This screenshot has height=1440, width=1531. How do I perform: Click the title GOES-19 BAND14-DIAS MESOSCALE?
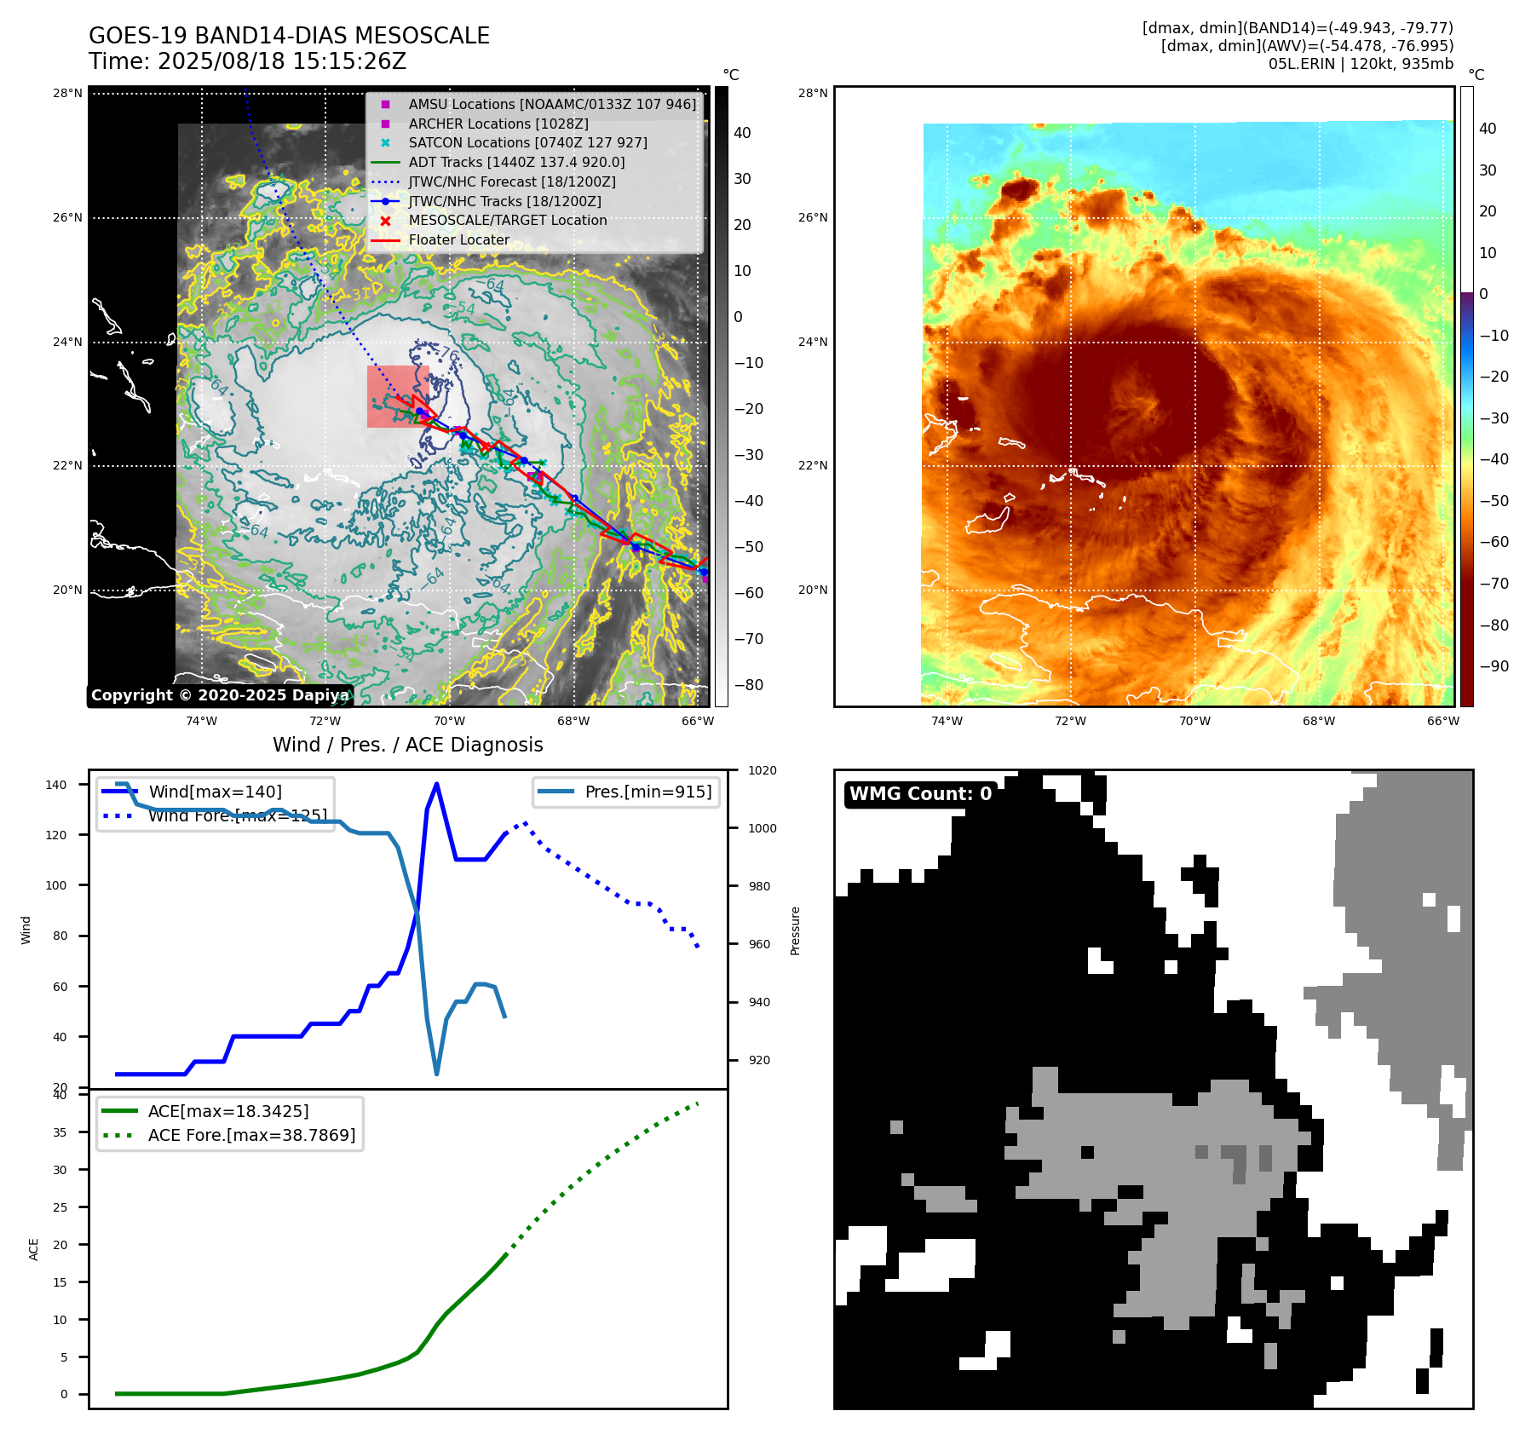tap(289, 36)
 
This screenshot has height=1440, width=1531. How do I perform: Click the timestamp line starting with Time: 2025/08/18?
tap(247, 61)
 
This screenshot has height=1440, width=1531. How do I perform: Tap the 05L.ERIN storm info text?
tap(1361, 64)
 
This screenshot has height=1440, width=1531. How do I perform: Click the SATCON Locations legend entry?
tap(527, 142)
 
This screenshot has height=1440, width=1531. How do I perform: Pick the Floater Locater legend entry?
tap(458, 239)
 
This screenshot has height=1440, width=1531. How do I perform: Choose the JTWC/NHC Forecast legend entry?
tap(511, 181)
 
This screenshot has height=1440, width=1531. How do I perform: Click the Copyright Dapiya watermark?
tap(220, 695)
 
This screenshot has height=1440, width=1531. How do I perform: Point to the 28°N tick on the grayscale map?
tap(67, 93)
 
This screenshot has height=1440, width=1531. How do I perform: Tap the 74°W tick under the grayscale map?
tap(202, 721)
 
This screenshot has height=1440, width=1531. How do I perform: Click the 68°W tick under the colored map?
tap(1319, 721)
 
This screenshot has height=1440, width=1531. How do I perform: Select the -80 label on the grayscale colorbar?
tap(749, 685)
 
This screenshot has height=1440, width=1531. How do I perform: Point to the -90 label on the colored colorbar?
tap(1494, 666)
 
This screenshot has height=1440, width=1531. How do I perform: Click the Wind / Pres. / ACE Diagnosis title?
tap(407, 745)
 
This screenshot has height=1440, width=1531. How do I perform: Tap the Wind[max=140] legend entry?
tap(215, 792)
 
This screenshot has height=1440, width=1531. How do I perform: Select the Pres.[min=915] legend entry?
tap(648, 792)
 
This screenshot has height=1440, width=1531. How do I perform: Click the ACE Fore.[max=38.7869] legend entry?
tap(251, 1135)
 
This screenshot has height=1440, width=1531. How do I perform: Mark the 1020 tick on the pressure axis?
tap(762, 770)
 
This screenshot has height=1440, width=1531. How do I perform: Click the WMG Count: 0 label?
tap(920, 794)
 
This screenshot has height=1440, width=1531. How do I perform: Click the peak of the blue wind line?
tap(436, 784)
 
